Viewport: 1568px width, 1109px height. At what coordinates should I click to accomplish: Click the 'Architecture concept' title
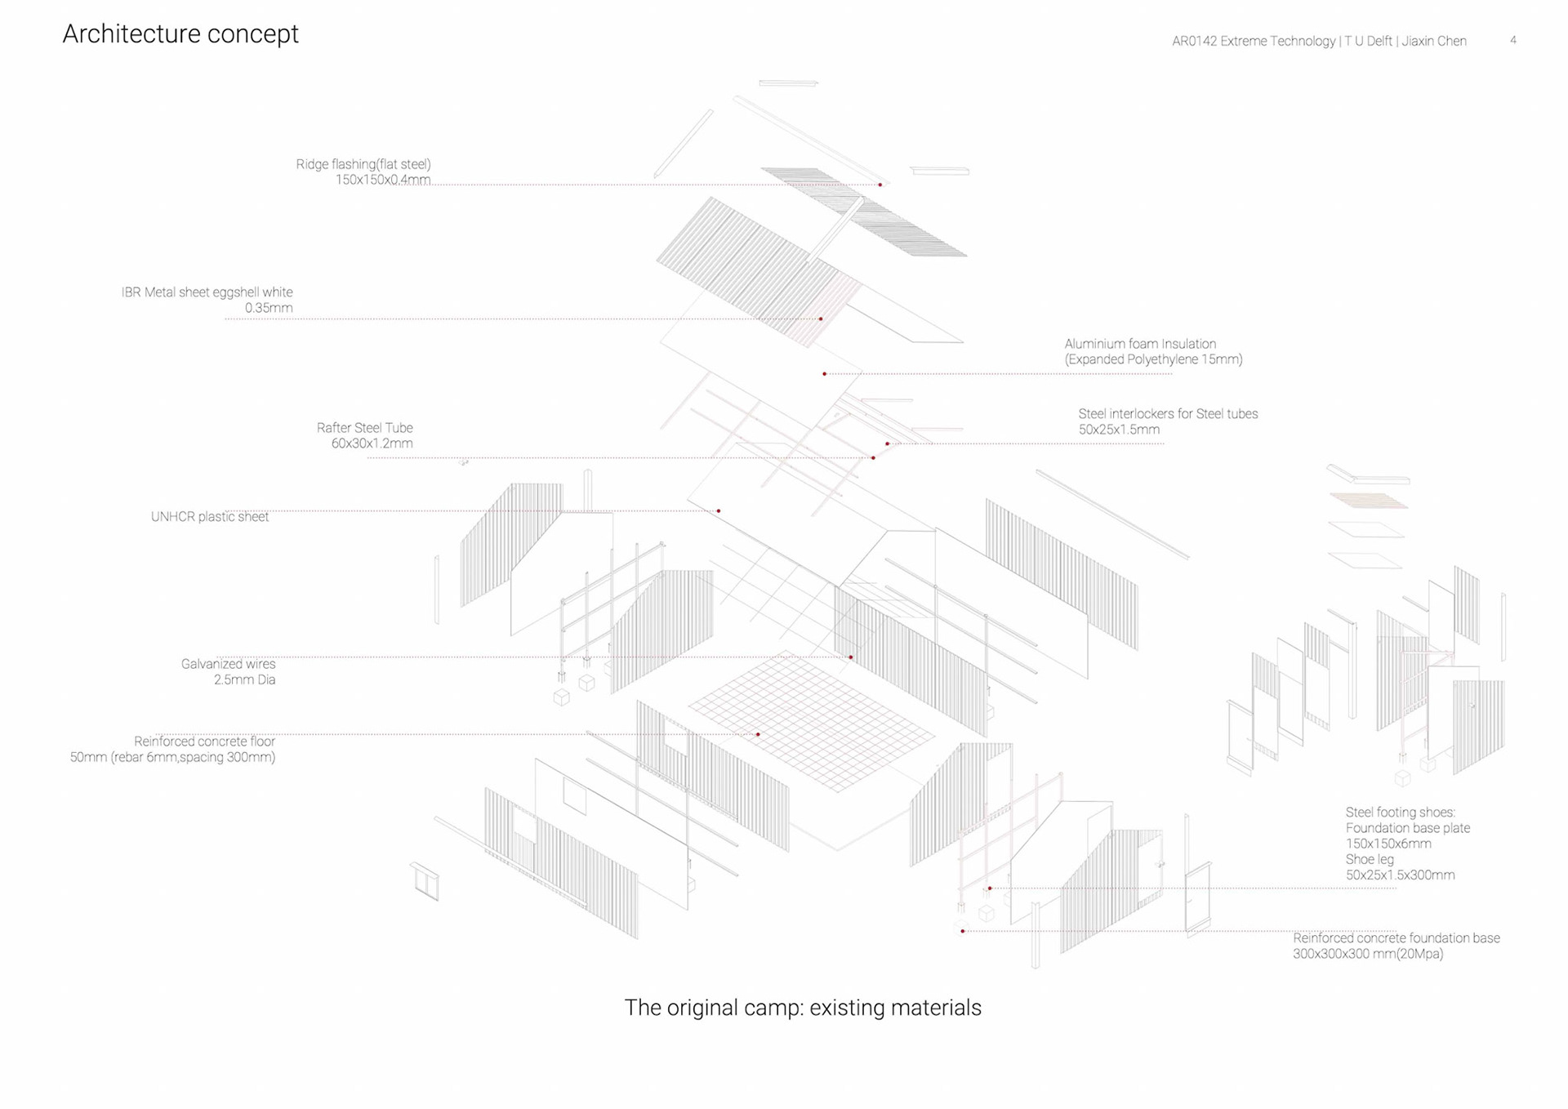[180, 34]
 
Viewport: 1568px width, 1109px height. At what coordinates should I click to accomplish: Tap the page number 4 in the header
[1513, 40]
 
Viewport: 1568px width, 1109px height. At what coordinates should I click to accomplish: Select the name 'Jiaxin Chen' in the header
[1434, 41]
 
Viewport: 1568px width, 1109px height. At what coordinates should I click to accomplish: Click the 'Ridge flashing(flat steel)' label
[363, 164]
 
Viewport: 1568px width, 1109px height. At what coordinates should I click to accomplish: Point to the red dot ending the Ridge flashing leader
[880, 185]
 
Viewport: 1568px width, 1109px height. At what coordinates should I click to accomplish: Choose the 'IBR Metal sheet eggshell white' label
[207, 292]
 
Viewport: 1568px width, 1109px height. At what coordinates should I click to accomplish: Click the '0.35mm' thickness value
[269, 308]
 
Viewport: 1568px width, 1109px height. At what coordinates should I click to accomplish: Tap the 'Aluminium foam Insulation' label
[1140, 344]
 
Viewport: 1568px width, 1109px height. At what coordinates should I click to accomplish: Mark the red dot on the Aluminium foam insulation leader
[825, 374]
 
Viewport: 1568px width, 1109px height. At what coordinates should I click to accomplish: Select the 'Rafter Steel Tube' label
[364, 428]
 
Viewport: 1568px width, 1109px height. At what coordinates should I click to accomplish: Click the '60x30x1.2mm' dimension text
[372, 443]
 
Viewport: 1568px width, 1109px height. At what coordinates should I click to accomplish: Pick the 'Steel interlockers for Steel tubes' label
[1168, 414]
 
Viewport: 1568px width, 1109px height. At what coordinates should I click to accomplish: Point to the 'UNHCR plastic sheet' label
[210, 517]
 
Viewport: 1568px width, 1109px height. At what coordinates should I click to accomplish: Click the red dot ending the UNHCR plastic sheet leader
[719, 511]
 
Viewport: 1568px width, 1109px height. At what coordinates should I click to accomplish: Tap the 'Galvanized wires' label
[228, 664]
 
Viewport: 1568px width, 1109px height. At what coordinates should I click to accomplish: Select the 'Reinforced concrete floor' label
[204, 742]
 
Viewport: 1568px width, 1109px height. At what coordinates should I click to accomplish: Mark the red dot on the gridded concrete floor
[758, 735]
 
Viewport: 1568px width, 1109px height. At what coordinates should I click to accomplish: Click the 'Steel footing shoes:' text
[1401, 813]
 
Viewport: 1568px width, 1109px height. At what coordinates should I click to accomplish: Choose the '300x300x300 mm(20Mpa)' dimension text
[1368, 954]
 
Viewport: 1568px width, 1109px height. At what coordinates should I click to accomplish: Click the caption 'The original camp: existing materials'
[803, 1008]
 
